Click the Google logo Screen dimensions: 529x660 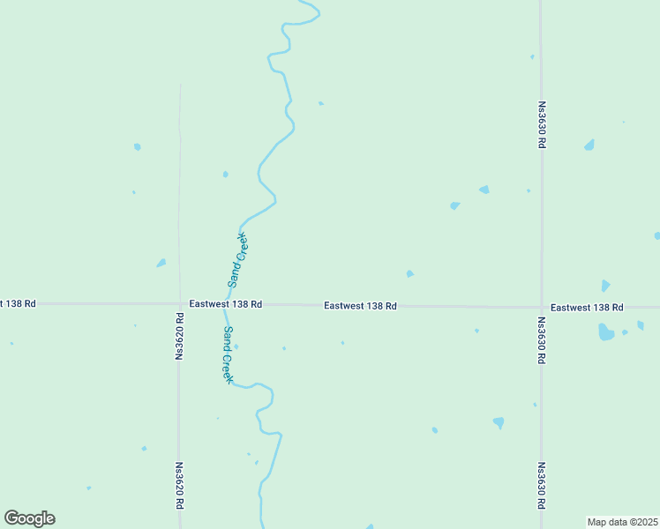point(29,518)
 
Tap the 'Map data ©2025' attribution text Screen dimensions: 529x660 point(622,521)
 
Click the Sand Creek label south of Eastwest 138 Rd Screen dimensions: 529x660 point(227,354)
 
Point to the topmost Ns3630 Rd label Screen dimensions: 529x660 point(542,125)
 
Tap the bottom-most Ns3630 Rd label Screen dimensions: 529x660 point(541,486)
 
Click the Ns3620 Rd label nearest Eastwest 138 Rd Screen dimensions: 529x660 point(179,336)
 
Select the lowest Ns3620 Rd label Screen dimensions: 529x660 point(179,486)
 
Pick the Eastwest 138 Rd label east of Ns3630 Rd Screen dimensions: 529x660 point(587,307)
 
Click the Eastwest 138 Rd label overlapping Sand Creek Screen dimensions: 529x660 point(226,303)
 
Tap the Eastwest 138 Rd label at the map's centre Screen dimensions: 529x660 point(360,305)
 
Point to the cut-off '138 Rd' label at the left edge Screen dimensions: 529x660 point(18,303)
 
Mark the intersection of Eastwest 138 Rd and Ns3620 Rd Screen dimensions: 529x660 point(179,303)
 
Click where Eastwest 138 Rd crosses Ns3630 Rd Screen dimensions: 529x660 point(541,307)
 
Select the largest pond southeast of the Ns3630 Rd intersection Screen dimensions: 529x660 point(605,332)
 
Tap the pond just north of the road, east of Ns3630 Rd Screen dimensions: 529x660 point(605,286)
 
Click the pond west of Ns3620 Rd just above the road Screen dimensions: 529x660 point(161,263)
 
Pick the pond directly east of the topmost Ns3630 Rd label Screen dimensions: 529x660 point(589,145)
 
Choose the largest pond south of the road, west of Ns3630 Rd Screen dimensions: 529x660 point(499,422)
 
